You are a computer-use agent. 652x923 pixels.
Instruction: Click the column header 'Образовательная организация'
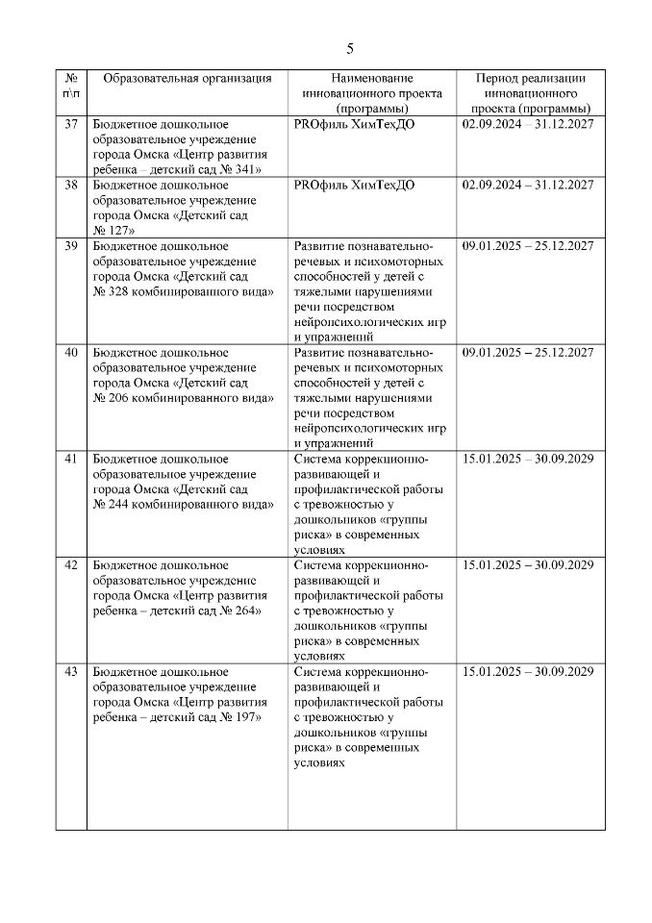point(187,79)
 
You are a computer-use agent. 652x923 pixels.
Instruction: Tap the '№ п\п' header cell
point(70,86)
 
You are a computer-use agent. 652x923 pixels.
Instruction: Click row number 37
point(70,125)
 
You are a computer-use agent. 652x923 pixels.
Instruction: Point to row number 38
point(70,186)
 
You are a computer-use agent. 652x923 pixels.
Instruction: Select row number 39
point(70,246)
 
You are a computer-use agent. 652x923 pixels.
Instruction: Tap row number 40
point(70,353)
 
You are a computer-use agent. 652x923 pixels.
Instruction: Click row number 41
point(70,459)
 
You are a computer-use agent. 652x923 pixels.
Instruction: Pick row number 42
point(70,564)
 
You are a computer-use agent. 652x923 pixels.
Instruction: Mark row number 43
point(70,671)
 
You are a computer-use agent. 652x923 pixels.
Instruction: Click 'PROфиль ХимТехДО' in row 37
point(354,125)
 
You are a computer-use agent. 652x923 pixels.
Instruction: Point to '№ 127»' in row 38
point(113,230)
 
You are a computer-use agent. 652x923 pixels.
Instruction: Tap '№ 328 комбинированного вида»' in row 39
point(184,291)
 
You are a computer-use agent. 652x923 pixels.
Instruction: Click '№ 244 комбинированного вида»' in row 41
point(184,504)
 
